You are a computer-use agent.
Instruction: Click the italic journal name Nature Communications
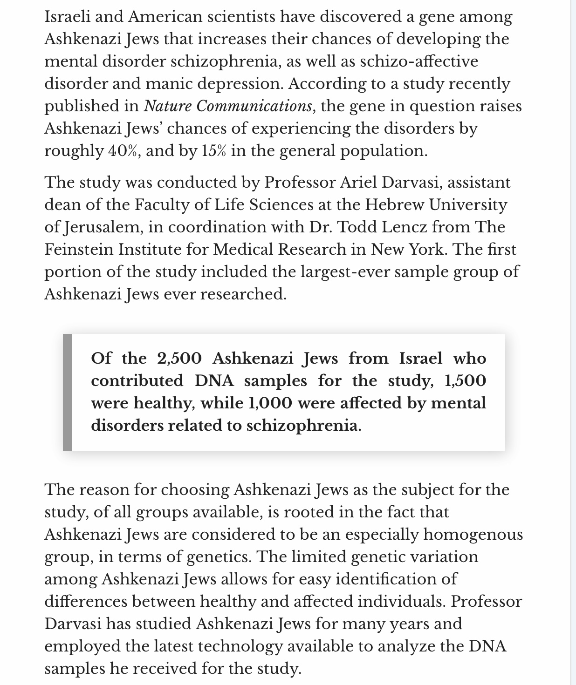point(227,106)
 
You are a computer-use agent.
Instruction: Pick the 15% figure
point(214,151)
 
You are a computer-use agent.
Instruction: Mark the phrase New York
point(410,249)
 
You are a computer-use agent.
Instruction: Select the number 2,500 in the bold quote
point(179,359)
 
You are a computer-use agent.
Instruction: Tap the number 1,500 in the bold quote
point(466,381)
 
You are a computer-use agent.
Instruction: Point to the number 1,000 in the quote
point(271,403)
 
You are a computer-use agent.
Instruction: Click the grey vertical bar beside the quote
point(68,393)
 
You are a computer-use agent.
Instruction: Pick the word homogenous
point(473,535)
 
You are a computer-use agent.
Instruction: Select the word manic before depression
point(168,84)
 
